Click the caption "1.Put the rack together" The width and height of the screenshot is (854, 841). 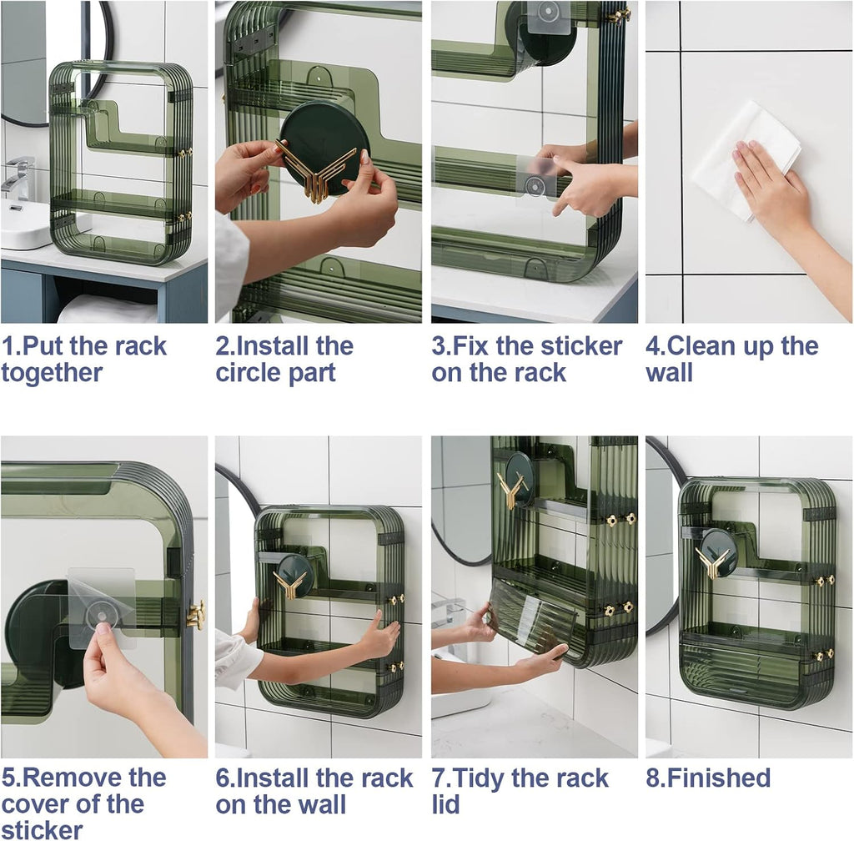[83, 360]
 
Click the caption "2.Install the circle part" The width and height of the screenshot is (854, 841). [284, 360]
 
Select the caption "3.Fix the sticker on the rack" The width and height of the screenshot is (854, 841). [526, 360]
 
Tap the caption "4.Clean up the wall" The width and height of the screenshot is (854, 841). [731, 360]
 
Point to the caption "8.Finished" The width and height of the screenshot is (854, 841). [708, 778]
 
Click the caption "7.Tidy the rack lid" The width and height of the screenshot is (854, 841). [520, 791]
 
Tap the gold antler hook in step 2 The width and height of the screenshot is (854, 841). [315, 173]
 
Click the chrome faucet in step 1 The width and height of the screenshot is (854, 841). [18, 177]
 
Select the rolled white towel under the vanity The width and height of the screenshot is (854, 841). [107, 310]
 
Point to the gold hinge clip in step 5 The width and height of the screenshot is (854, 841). [196, 614]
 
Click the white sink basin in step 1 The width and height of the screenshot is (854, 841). [25, 225]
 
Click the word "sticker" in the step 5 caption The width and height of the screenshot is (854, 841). [43, 828]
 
